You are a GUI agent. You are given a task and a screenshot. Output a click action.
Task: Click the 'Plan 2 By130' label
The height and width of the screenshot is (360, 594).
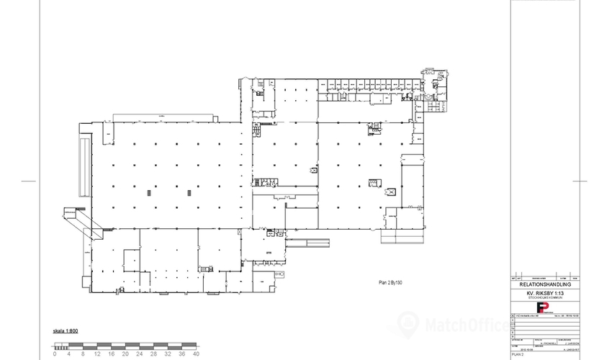click(x=390, y=283)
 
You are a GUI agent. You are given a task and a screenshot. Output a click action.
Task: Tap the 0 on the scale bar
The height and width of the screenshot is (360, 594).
click(x=55, y=354)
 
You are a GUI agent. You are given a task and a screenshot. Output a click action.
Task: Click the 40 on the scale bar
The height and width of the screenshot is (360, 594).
click(x=196, y=354)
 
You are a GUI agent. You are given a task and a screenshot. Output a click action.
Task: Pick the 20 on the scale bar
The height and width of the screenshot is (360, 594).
click(x=125, y=354)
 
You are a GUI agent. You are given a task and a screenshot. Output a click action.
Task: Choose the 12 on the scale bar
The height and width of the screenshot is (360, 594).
click(x=97, y=354)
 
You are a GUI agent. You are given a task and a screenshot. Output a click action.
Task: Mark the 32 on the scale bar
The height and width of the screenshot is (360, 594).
click(x=168, y=354)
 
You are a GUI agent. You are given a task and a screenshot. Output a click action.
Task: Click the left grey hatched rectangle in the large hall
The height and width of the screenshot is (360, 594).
click(x=150, y=192)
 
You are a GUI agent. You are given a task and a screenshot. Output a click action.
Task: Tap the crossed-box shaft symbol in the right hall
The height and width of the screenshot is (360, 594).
click(x=391, y=192)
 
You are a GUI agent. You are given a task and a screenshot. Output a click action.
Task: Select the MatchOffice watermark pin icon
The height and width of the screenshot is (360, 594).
click(x=408, y=322)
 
